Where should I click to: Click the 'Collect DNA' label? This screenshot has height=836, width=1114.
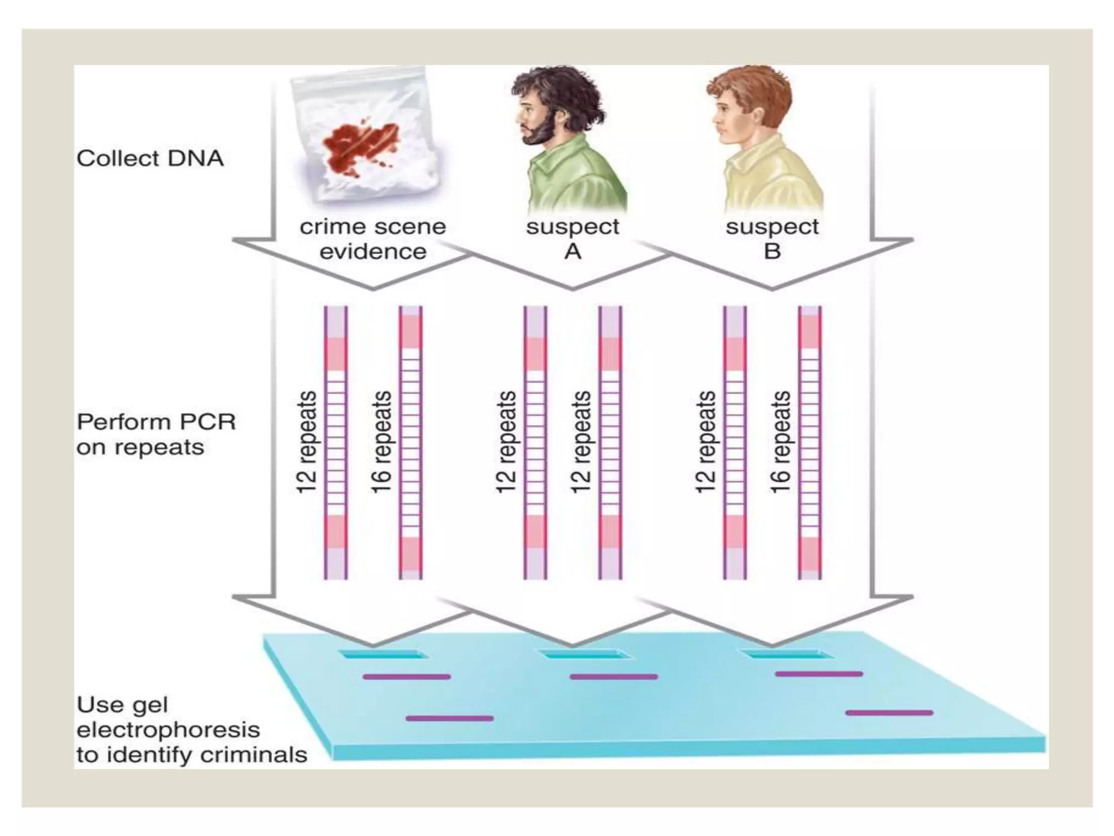(150, 158)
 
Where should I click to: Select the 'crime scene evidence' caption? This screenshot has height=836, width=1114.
(373, 239)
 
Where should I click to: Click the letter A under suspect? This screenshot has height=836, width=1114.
(573, 251)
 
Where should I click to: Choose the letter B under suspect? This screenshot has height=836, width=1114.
(772, 251)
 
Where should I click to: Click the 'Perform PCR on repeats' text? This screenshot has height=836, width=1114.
(156, 434)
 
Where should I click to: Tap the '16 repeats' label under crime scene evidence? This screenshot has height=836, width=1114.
(382, 442)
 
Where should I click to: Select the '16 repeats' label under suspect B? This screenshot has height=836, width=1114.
(781, 442)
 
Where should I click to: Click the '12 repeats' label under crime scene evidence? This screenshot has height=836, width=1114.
(307, 442)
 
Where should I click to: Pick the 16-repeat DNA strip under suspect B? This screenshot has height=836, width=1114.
(810, 442)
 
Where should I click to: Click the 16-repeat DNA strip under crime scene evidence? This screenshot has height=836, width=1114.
(411, 442)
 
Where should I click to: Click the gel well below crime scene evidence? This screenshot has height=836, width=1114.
(384, 654)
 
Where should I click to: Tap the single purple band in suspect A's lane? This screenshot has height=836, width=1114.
(614, 677)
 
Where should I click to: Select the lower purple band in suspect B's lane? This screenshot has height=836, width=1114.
(889, 712)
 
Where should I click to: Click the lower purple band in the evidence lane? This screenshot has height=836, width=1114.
(450, 718)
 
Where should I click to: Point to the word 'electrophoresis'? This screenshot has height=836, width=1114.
(168, 729)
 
